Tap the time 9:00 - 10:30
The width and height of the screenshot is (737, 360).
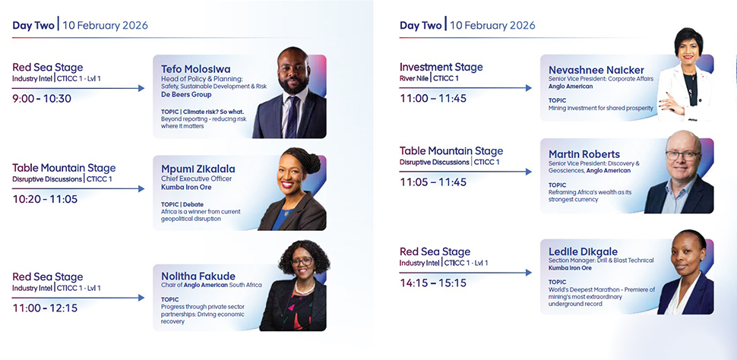pos(42,99)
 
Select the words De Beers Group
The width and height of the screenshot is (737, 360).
pos(186,94)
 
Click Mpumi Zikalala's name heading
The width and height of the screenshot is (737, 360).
pos(198,169)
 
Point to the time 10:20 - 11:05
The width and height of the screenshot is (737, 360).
pos(45,199)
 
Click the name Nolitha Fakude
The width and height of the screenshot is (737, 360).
pos(198,276)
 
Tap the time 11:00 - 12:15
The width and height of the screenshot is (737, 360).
pos(45,308)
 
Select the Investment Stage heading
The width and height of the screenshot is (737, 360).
pos(441,67)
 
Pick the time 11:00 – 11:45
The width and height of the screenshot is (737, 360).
pos(433,99)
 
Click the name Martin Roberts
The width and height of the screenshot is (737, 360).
pos(584,154)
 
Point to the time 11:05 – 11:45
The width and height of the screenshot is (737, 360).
pos(433,182)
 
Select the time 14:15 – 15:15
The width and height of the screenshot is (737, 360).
pos(432,283)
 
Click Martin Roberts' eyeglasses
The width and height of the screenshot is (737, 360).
pos(682,155)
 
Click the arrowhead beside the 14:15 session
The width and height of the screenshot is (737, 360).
pos(529,273)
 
